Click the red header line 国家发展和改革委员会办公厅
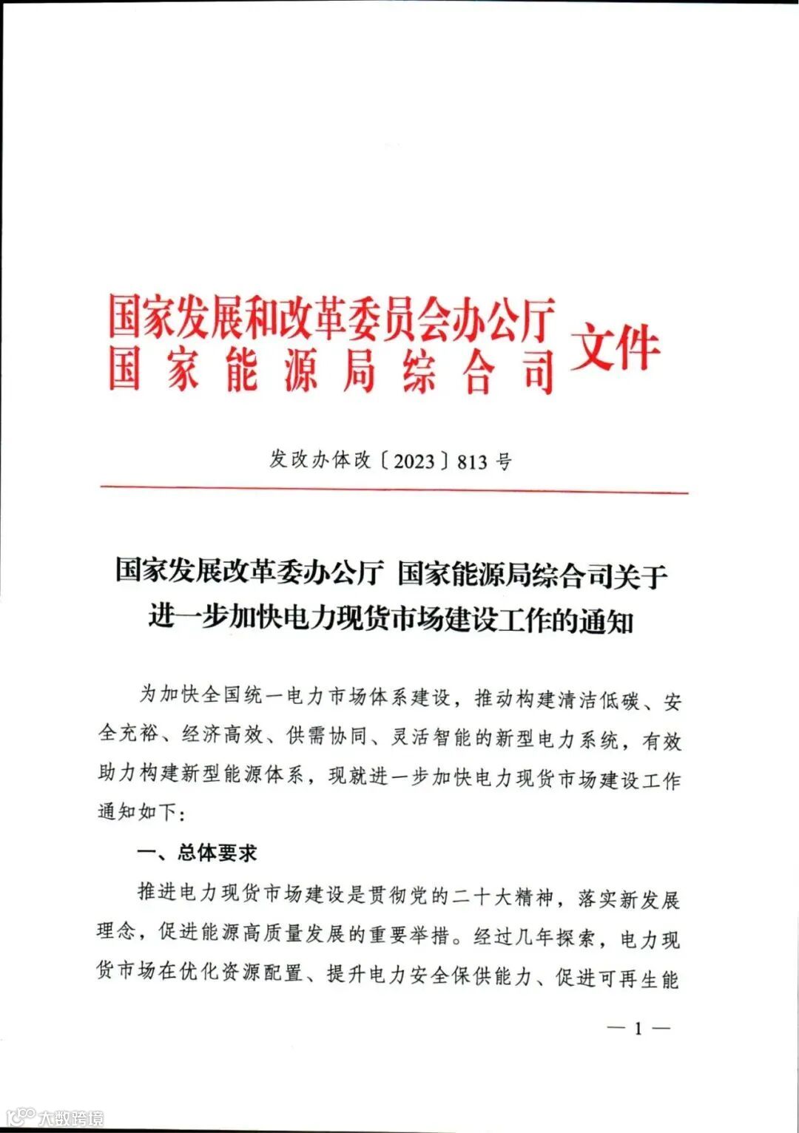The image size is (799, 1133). click(331, 319)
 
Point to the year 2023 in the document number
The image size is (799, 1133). click(414, 461)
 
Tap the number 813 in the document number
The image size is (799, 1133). click(473, 461)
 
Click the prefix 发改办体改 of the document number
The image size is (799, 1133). click(320, 460)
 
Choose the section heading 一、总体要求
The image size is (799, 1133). click(198, 853)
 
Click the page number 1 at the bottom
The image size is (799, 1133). click(638, 1029)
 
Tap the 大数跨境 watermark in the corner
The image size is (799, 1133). click(71, 1117)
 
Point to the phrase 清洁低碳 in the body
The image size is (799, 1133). click(600, 699)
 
